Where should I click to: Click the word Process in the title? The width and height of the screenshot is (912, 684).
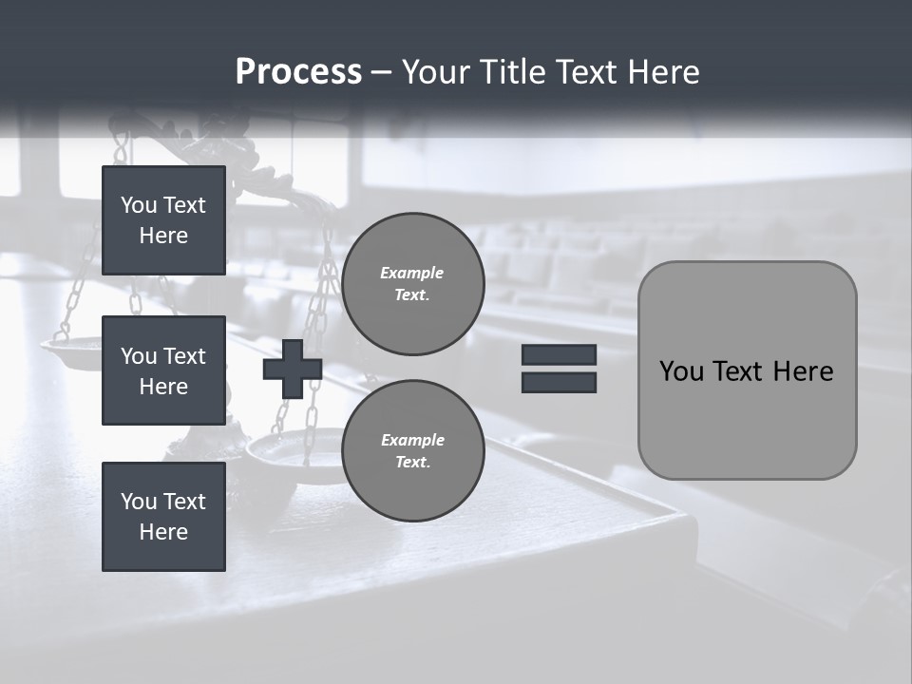(298, 72)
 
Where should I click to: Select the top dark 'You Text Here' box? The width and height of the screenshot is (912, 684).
(163, 220)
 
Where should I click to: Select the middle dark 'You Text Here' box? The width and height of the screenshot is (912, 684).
(163, 370)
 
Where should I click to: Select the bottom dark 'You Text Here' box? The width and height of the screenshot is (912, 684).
(163, 516)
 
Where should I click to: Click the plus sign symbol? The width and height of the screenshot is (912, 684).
(293, 369)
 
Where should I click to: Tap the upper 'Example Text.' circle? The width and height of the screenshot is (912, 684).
(412, 284)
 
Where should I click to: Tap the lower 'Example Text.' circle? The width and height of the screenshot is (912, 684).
(412, 451)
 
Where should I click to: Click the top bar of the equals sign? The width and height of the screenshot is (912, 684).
(559, 354)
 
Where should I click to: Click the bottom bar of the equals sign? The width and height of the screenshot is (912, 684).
(559, 382)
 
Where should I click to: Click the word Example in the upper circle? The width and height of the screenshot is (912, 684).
(411, 273)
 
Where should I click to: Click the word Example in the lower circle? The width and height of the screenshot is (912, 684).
(411, 440)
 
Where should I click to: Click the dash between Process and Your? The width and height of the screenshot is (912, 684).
(381, 73)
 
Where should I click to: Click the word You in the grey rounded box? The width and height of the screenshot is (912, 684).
(681, 371)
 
